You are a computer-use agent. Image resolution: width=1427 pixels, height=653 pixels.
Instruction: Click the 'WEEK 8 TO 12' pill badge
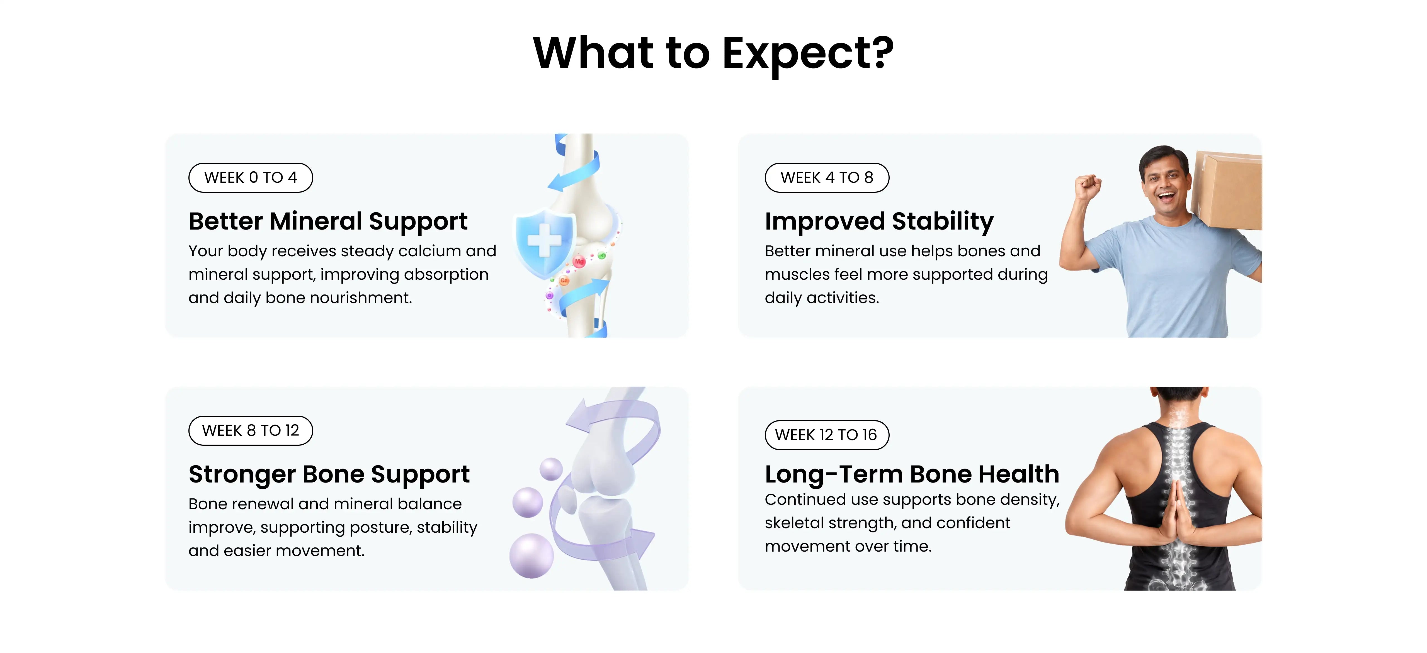point(250,430)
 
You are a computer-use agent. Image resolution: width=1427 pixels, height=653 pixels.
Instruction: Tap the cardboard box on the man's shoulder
point(1227,191)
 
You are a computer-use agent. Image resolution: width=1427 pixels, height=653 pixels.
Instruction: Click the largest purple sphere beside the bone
point(531,555)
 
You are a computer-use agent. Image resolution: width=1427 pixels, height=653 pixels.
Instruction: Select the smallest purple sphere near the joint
point(551,469)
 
